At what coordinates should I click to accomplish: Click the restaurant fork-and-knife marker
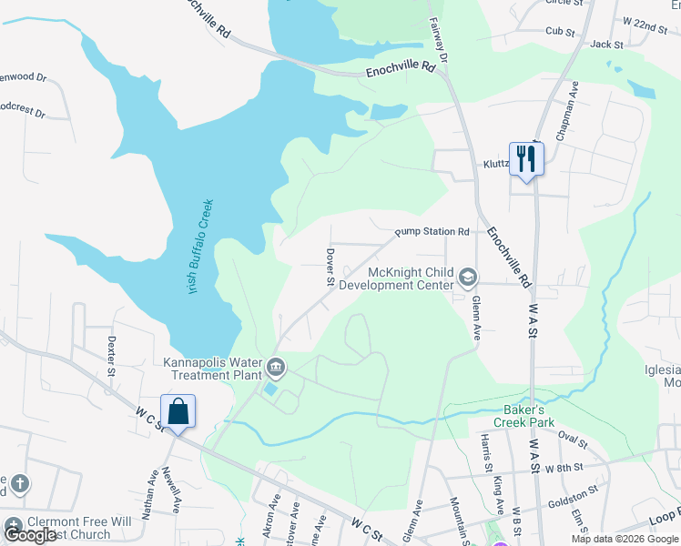coord(525,159)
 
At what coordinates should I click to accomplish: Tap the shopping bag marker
coord(178,411)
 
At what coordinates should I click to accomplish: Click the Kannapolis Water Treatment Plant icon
coord(276,369)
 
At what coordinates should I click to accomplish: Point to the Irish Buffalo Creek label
coord(193,247)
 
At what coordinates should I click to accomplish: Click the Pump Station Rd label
coord(432,232)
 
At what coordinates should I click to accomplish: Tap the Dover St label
coord(331,267)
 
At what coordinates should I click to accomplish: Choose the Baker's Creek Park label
coord(524,415)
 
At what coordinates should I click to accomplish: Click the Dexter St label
coord(112,356)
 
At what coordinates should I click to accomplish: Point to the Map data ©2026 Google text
coord(624,539)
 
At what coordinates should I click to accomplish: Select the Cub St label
coord(561,31)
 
